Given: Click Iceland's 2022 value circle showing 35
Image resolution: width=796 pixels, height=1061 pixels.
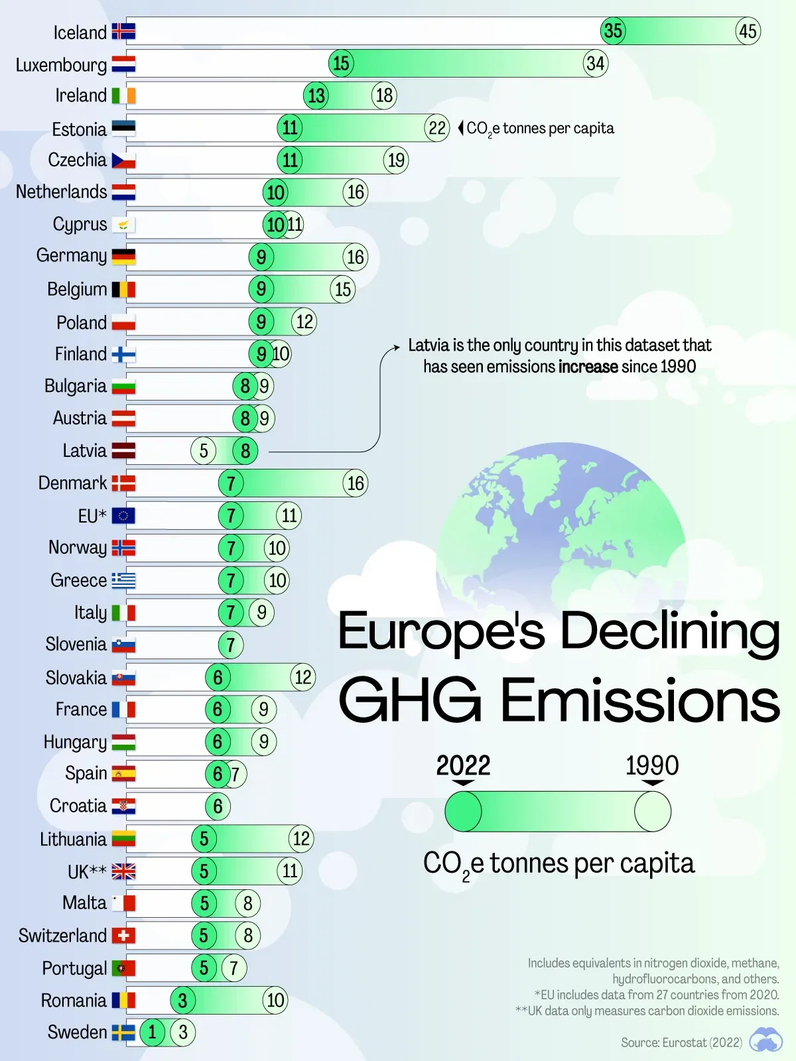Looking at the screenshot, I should click(x=613, y=31).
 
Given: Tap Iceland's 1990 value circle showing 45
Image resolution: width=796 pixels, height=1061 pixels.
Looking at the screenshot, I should click(x=748, y=31).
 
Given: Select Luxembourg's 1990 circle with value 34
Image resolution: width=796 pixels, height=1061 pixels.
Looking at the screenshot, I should click(x=595, y=63).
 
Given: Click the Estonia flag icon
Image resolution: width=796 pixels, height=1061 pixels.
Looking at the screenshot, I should click(x=123, y=128).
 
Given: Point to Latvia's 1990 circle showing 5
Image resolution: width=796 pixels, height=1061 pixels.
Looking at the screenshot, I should click(x=204, y=451).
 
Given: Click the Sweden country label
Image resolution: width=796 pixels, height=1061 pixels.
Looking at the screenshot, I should click(x=77, y=1032).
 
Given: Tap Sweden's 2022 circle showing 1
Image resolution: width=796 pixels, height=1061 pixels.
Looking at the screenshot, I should click(x=153, y=1032).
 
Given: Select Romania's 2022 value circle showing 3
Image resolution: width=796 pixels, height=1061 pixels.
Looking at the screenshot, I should click(x=182, y=1000).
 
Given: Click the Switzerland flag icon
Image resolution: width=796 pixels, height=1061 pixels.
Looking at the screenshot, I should click(x=123, y=936).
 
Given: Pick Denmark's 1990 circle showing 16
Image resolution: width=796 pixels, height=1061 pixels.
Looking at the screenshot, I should click(x=356, y=483).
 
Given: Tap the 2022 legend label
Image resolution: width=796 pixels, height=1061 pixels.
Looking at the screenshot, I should click(x=463, y=766).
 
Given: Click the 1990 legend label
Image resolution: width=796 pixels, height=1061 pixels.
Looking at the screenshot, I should click(x=652, y=766).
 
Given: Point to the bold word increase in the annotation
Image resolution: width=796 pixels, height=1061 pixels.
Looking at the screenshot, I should click(x=588, y=367).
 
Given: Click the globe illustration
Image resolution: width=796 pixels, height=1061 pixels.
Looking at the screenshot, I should click(x=561, y=524).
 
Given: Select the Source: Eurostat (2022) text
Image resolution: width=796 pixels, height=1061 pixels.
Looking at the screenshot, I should click(x=681, y=1042).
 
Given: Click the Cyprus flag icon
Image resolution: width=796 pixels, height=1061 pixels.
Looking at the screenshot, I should click(x=123, y=225).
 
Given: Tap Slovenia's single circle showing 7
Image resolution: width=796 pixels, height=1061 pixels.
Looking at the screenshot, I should click(x=230, y=645).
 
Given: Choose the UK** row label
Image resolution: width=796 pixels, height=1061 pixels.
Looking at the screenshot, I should click(x=87, y=871).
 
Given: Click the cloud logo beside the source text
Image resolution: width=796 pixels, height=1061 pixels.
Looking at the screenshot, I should click(x=765, y=1040).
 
